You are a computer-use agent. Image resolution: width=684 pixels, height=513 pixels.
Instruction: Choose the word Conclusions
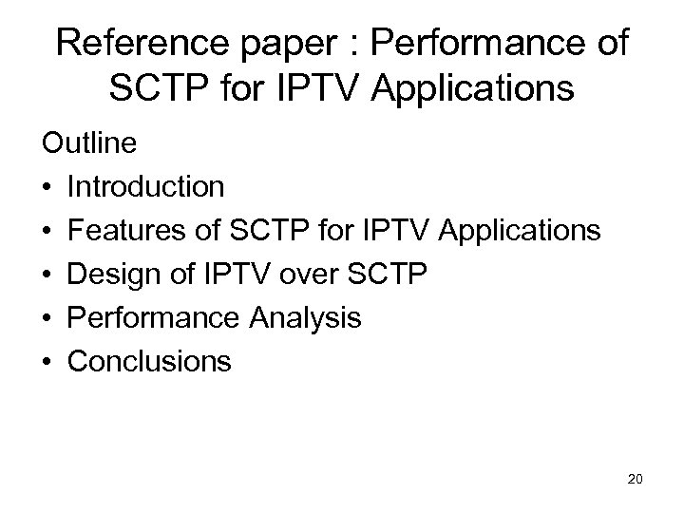pyautogui.click(x=149, y=361)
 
